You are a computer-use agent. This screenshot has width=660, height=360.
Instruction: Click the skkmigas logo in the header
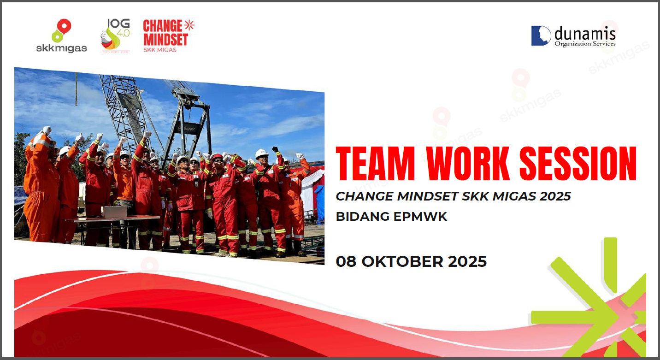tap(62, 35)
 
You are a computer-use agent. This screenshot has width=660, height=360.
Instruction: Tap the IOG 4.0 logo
tap(115, 35)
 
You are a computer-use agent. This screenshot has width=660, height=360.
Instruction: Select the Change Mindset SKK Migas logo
tap(168, 35)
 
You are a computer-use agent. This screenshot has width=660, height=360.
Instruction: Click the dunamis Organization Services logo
tap(573, 36)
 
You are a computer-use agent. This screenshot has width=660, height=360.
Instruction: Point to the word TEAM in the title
tap(375, 164)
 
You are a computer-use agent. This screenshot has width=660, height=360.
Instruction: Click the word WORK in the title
tap(468, 164)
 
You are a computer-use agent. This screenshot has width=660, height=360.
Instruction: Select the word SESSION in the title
tap(578, 164)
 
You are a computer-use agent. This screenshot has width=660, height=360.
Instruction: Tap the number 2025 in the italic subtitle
tap(555, 196)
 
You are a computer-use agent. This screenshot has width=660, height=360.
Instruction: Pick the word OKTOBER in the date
tap(402, 261)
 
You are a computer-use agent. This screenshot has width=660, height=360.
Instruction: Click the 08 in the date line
tap(346, 261)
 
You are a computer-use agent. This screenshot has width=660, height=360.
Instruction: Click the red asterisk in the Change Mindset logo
tap(189, 25)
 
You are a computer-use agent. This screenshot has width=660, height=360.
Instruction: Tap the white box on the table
tap(114, 212)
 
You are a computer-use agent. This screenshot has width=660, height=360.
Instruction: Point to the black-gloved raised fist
tap(275, 149)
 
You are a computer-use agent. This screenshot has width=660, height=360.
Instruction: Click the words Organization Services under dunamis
tap(585, 44)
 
